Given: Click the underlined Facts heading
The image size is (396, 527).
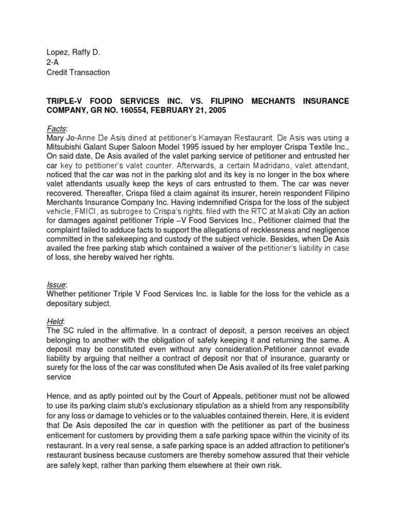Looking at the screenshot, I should (x=56, y=128).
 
